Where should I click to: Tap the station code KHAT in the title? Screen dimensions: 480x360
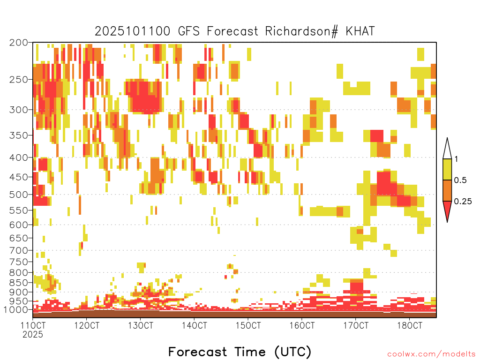click(x=360, y=31)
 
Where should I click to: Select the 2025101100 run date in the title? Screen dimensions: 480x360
click(x=132, y=31)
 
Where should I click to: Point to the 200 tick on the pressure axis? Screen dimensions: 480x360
click(x=18, y=43)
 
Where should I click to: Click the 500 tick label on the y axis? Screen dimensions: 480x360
click(x=18, y=195)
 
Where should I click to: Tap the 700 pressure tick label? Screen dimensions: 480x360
click(x=18, y=250)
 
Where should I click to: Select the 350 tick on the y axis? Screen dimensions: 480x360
click(x=18, y=135)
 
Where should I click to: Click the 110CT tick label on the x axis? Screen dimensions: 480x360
click(x=33, y=325)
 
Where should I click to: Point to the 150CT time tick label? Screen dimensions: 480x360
click(x=248, y=325)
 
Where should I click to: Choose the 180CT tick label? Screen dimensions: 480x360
click(x=410, y=325)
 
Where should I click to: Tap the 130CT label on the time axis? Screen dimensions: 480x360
click(x=140, y=325)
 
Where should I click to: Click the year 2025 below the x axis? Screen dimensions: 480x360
click(x=33, y=335)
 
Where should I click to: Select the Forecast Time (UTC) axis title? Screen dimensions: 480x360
click(x=240, y=352)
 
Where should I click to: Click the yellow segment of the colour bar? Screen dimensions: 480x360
click(x=447, y=169)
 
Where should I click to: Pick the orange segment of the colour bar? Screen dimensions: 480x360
click(x=447, y=190)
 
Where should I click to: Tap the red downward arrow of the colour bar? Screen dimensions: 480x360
click(x=447, y=210)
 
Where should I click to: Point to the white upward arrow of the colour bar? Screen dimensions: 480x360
click(x=447, y=150)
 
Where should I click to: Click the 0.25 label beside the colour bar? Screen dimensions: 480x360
click(x=463, y=201)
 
